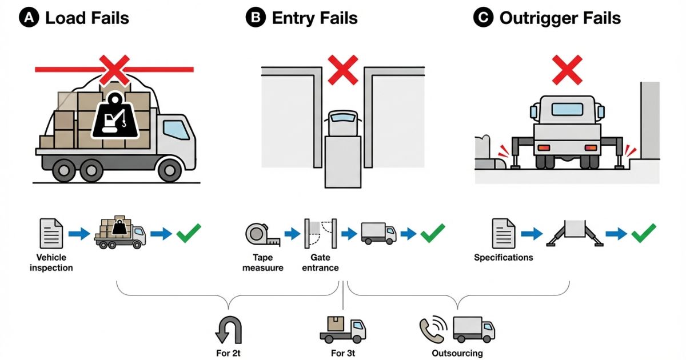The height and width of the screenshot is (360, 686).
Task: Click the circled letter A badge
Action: (28, 18)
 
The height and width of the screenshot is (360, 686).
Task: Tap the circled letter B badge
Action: (255, 18)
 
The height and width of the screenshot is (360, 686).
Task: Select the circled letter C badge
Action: (483, 18)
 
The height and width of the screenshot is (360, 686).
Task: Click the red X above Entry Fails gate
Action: (342, 70)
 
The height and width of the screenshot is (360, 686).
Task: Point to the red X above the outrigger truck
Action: (567, 70)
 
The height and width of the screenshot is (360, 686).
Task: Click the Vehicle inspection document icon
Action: (51, 233)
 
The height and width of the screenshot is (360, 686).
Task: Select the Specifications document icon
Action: (504, 233)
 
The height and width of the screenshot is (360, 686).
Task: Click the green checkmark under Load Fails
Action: (189, 233)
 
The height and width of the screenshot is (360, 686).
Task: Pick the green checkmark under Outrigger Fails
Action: (643, 233)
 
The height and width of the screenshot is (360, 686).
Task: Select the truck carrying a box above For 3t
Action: (342, 329)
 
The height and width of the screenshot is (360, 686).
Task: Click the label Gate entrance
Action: (320, 262)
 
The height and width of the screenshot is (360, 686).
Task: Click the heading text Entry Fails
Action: (314, 18)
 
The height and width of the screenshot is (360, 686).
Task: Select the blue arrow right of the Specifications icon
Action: (532, 233)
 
